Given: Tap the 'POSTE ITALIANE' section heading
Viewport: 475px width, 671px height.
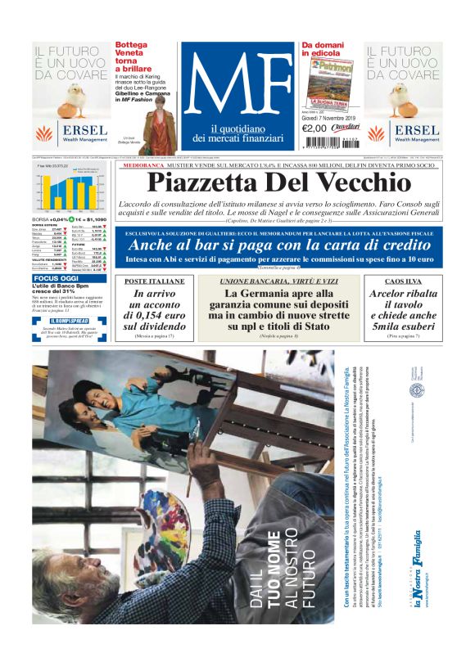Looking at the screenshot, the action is [x=155, y=281].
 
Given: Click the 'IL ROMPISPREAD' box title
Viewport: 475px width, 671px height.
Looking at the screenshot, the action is [x=59, y=321].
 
